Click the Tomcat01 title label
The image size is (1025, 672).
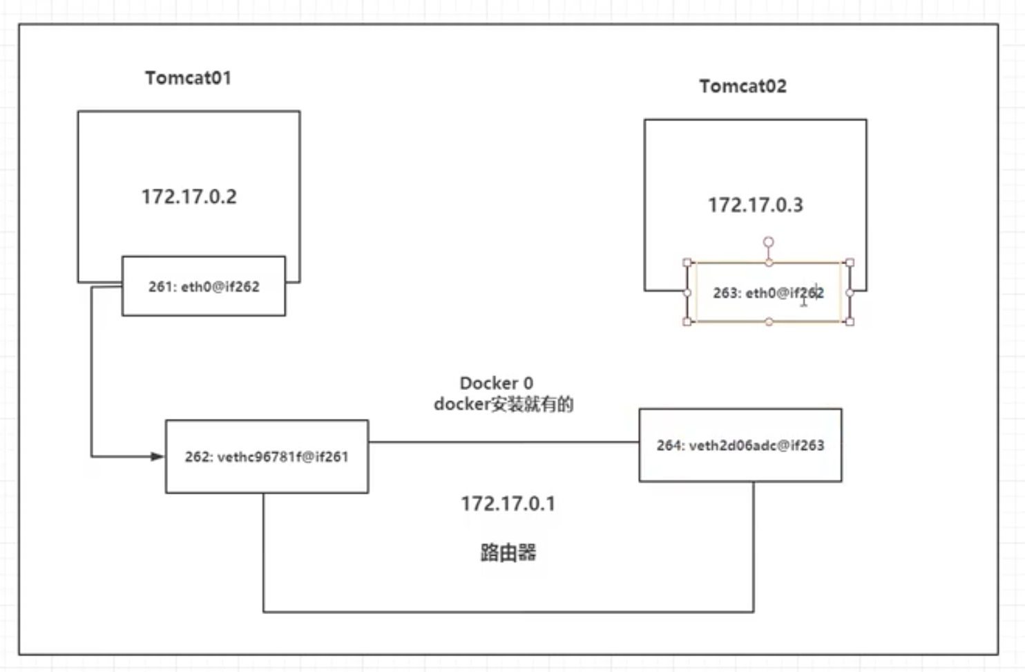pyautogui.click(x=188, y=78)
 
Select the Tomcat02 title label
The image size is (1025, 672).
pyautogui.click(x=743, y=86)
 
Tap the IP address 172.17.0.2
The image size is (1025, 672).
pyautogui.click(x=189, y=197)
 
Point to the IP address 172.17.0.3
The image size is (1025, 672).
pyautogui.click(x=755, y=205)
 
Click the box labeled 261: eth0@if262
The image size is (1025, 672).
pyautogui.click(x=204, y=286)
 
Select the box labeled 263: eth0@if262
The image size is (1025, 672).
pyautogui.click(x=768, y=293)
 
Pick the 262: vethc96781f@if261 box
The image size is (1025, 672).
pyautogui.click(x=267, y=456)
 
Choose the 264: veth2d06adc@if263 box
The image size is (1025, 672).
pyautogui.click(x=740, y=445)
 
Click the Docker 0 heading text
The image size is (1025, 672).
pyautogui.click(x=496, y=383)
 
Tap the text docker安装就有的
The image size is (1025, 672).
pyautogui.click(x=504, y=404)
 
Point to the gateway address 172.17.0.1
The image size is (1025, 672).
pyautogui.click(x=508, y=504)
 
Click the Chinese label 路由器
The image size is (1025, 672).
pyautogui.click(x=508, y=552)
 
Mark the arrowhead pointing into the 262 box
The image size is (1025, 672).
pyautogui.click(x=157, y=456)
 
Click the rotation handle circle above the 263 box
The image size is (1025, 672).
pyautogui.click(x=768, y=242)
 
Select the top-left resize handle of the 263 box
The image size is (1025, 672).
pyautogui.click(x=687, y=263)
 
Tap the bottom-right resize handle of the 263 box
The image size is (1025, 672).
pyautogui.click(x=850, y=321)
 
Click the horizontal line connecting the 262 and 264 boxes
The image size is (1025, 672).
pyautogui.click(x=504, y=442)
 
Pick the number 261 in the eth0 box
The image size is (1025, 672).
pyautogui.click(x=160, y=286)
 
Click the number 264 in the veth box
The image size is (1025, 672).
pyautogui.click(x=668, y=445)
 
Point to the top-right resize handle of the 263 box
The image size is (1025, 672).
pyautogui.click(x=850, y=263)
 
